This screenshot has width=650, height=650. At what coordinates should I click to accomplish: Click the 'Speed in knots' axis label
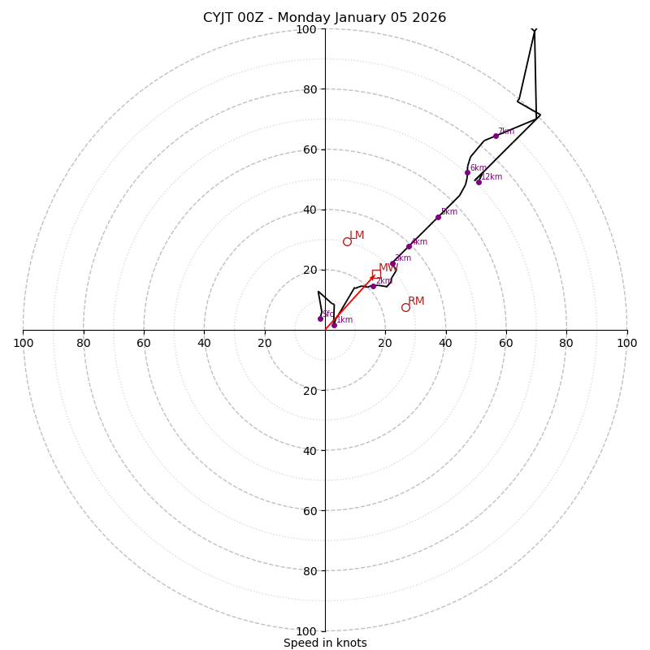pyautogui.click(x=325, y=643)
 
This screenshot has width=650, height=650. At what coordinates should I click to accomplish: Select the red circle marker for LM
pyautogui.click(x=347, y=241)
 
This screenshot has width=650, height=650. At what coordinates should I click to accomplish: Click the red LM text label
pyautogui.click(x=357, y=236)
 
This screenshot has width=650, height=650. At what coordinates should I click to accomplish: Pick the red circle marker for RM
pyautogui.click(x=405, y=307)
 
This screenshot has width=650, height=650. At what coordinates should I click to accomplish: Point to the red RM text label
pyautogui.click(x=416, y=301)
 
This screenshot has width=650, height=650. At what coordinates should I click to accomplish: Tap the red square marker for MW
pyautogui.click(x=376, y=274)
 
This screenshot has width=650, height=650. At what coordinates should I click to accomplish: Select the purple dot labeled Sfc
pyautogui.click(x=320, y=318)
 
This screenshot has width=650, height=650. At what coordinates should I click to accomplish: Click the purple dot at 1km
pyautogui.click(x=334, y=325)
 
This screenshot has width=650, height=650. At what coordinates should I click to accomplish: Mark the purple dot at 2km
pyautogui.click(x=373, y=286)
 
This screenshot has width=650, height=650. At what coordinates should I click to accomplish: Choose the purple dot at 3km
pyautogui.click(x=392, y=263)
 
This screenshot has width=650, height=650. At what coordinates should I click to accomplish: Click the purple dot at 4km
pyautogui.click(x=409, y=246)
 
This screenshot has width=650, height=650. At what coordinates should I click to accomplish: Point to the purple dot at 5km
pyautogui.click(x=438, y=217)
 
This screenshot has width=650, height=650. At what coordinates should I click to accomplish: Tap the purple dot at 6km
pyautogui.click(x=467, y=172)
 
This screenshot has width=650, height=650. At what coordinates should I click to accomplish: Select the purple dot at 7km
pyautogui.click(x=496, y=136)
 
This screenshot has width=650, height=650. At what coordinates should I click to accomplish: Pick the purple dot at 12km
pyautogui.click(x=479, y=182)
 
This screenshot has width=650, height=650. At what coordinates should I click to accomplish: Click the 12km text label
pyautogui.click(x=492, y=177)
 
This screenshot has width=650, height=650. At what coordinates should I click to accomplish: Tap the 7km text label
pyautogui.click(x=506, y=132)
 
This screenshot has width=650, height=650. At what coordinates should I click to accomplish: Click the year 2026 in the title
pyautogui.click(x=428, y=18)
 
